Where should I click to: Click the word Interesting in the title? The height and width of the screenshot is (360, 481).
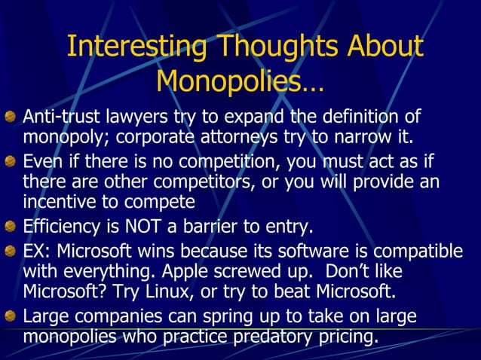(x=136, y=47)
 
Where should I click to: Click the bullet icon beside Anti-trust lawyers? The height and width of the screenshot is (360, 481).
(x=11, y=117)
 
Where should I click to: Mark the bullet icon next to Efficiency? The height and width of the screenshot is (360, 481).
(x=11, y=226)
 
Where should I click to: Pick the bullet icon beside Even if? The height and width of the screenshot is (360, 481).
(x=11, y=161)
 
